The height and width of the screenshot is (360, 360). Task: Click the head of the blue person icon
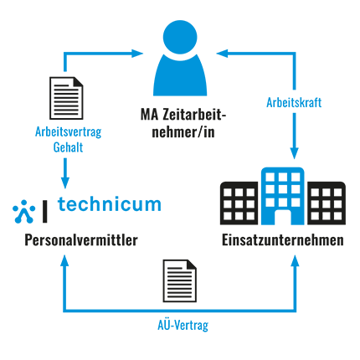point(180,37)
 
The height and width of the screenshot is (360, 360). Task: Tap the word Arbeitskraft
point(294,103)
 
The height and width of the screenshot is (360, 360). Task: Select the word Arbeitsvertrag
point(69,132)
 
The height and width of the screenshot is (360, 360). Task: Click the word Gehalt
point(68,147)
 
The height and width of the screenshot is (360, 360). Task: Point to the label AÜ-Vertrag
point(183,325)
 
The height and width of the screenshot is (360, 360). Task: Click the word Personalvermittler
point(81,240)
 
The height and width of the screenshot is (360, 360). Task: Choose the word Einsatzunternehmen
point(283,240)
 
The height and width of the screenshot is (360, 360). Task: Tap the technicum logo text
point(110,204)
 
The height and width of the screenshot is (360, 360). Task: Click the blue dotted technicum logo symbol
point(24,212)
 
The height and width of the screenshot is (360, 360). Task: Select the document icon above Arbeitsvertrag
point(66,98)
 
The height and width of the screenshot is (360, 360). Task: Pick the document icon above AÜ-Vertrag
point(180,280)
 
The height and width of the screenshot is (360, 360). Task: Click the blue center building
point(283,196)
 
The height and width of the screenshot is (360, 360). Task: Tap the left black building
point(239,203)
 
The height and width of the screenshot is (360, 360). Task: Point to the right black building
point(327,203)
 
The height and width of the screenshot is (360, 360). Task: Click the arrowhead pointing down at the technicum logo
point(65,183)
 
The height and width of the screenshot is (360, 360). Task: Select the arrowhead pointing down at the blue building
point(294,153)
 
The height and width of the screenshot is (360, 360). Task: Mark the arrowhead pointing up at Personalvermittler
point(64,260)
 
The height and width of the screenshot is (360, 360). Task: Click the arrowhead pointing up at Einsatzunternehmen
point(295,260)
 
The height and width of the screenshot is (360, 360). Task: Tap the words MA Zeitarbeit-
point(183,115)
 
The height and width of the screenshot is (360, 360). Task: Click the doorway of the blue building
point(283,217)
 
